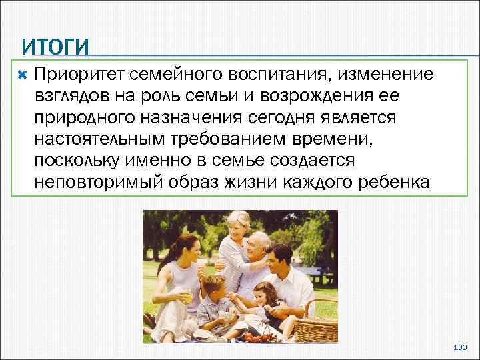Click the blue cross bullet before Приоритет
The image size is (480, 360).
[23, 73]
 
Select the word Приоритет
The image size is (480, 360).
[79, 73]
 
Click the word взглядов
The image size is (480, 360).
[72, 95]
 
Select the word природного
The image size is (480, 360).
[82, 117]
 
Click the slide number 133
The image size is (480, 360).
[460, 348]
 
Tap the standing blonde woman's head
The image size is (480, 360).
[237, 223]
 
